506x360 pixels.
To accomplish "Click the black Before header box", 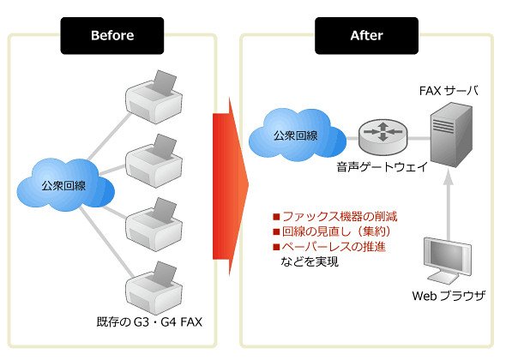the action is (112, 35).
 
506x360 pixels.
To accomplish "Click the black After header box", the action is (366, 35).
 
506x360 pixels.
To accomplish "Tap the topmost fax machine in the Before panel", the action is (154, 97).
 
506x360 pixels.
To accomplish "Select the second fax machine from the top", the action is (154, 161).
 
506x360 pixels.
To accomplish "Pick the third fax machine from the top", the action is (154, 225).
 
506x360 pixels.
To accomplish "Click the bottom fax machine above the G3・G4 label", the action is (154, 288).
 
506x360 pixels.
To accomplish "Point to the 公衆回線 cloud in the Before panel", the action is (65, 185).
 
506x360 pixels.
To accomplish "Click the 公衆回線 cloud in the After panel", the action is (298, 135).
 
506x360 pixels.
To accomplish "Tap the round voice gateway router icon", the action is (383, 136).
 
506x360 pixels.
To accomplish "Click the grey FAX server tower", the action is (451, 135).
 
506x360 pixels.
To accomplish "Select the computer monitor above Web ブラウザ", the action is (448, 261).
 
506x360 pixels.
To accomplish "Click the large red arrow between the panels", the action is (231, 187).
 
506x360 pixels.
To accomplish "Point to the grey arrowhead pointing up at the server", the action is (448, 177).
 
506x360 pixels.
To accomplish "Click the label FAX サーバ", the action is (449, 91).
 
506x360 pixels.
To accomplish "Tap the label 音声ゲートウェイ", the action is (383, 167).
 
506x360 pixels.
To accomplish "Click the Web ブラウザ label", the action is (449, 296).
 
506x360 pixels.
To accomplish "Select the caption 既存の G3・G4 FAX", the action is (149, 321).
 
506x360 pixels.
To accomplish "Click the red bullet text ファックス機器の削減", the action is (340, 216).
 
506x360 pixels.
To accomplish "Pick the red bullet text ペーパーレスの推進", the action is (334, 247).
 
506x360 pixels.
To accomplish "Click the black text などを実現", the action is (310, 261).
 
